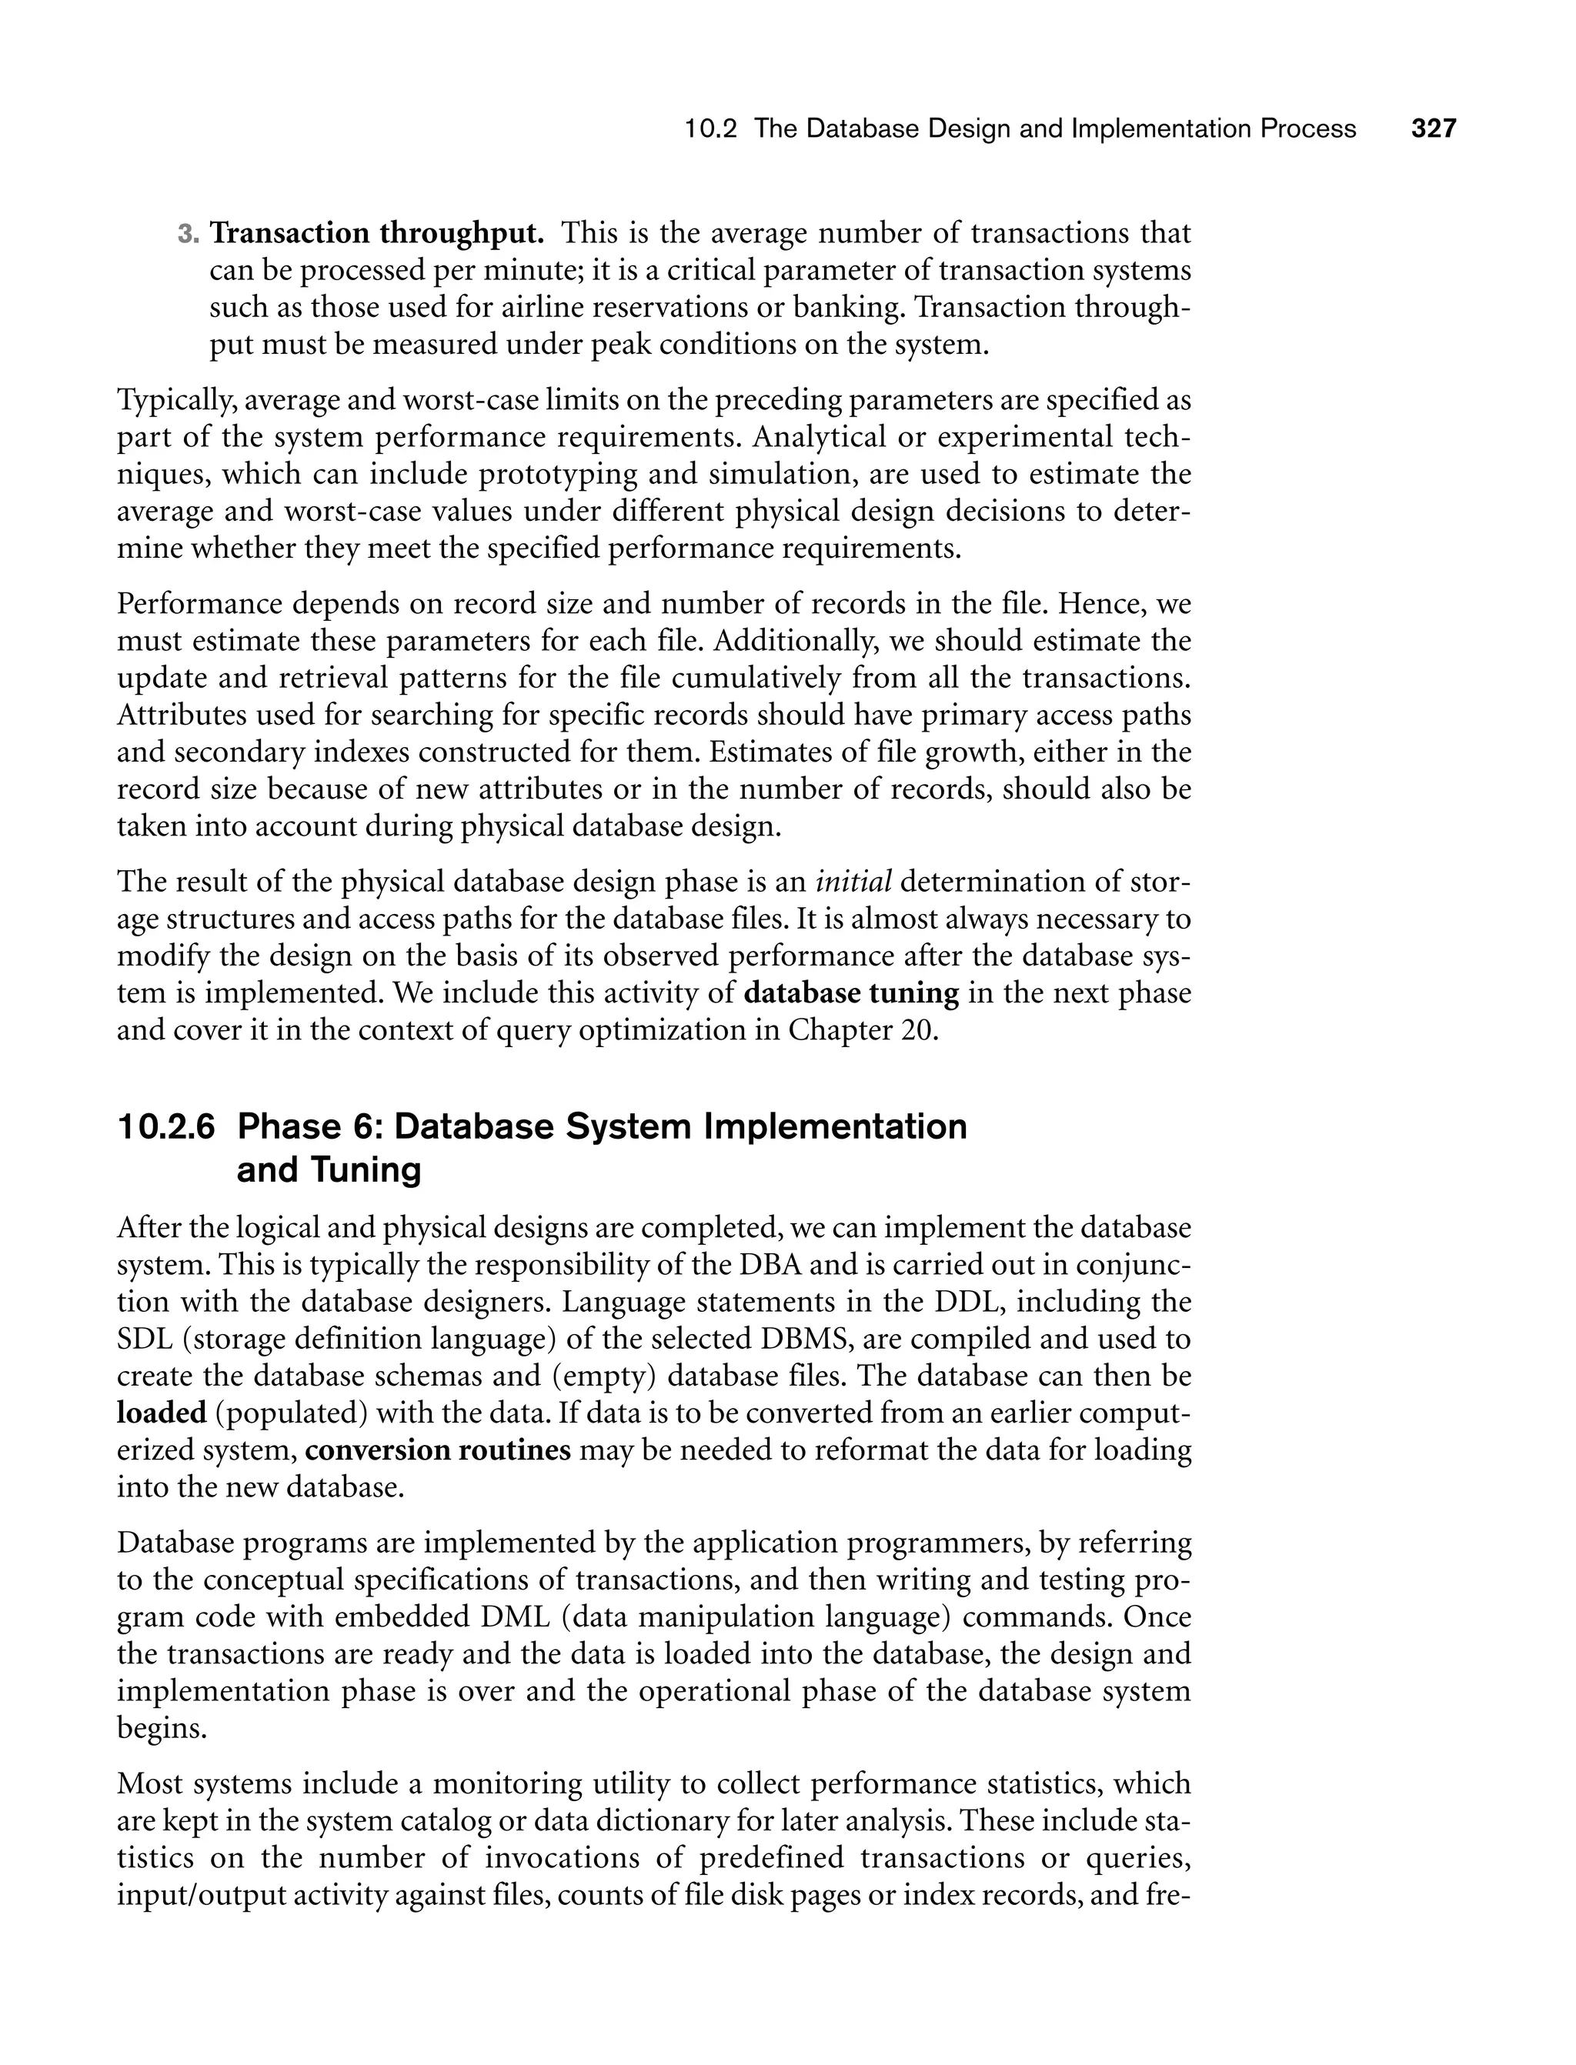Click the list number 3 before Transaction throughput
click(185, 234)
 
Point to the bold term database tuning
click(851, 993)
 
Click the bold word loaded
click(162, 1413)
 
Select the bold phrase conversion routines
click(438, 1450)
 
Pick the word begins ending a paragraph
click(162, 1728)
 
